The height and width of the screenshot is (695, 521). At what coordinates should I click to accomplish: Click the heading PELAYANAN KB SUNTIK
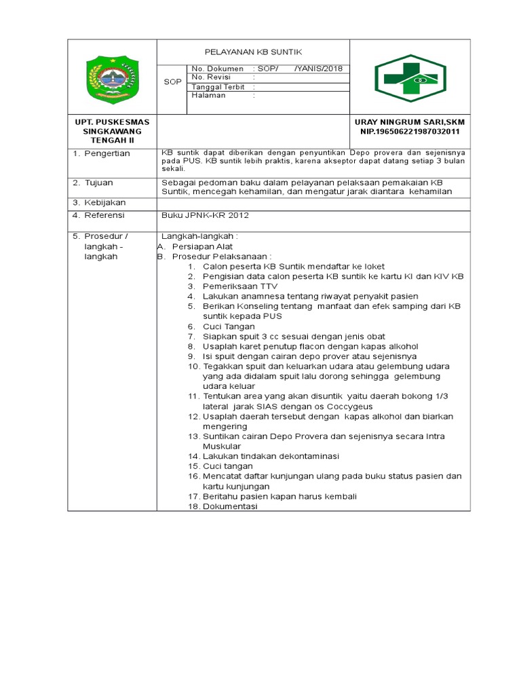tap(253, 52)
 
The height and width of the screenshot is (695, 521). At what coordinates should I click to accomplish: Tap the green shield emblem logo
tap(112, 78)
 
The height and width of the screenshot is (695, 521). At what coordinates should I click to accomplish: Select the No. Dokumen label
tap(217, 69)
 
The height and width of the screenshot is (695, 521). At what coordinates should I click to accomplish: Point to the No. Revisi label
tap(212, 77)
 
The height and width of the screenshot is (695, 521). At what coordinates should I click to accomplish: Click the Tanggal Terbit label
tap(218, 87)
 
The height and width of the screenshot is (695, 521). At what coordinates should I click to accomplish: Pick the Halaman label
tap(208, 96)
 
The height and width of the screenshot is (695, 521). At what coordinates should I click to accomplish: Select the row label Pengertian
tap(107, 153)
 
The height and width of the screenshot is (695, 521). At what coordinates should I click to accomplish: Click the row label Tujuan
tap(98, 183)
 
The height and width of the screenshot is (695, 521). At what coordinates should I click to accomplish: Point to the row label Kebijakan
tap(104, 202)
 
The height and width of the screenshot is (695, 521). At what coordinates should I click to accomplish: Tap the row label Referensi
tap(104, 215)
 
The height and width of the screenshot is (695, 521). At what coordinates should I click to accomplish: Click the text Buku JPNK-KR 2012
tap(205, 215)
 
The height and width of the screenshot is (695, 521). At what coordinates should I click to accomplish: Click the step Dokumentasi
tap(230, 506)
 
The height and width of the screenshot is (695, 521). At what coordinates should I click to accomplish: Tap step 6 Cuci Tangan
tap(229, 326)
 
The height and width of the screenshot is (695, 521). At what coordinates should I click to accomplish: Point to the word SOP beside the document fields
tap(172, 82)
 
